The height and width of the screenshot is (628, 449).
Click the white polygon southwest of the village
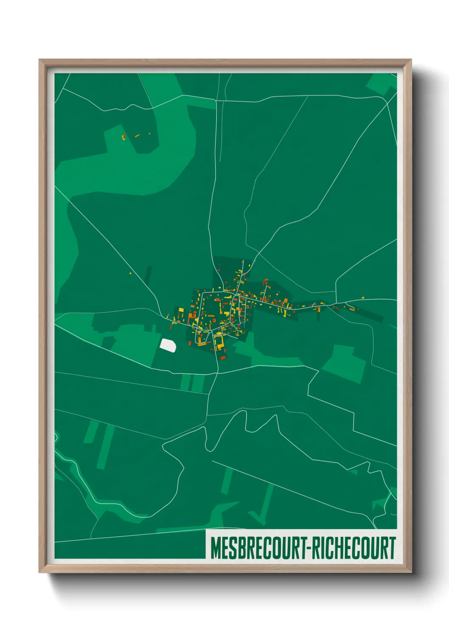tap(168, 344)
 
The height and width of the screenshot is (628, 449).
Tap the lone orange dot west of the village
tap(130, 273)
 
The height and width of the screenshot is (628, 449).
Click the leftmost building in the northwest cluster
tap(123, 137)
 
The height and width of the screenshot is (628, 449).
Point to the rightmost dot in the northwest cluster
tap(149, 134)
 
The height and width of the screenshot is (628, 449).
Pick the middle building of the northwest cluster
tap(137, 136)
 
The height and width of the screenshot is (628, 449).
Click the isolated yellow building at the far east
tap(363, 298)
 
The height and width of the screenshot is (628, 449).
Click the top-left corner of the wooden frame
tap(39, 60)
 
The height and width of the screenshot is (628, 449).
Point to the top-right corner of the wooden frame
tap(411, 60)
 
